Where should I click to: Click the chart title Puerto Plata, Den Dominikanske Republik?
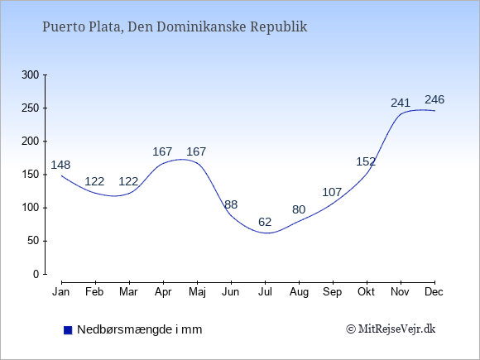point(175,26)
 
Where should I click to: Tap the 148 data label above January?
point(60,165)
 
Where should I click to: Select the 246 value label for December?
point(434,99)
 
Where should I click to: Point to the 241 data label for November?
point(401,103)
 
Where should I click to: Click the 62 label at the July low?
point(265,222)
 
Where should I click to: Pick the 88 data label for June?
point(231,204)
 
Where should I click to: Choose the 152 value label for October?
point(366,161)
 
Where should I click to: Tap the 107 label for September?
point(332,192)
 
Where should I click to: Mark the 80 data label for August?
point(299,209)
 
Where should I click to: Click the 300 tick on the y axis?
point(31,74)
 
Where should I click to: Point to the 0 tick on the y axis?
point(36,274)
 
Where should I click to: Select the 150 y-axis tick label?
point(31,175)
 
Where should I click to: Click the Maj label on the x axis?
point(197,292)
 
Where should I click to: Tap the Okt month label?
point(366,292)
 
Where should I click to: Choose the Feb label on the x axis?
point(94,292)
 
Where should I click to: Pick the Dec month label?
point(434,292)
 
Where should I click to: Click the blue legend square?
point(68,330)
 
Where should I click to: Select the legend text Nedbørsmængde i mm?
point(140,329)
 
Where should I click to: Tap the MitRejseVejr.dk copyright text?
point(391,329)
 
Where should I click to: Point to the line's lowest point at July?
point(267,233)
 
